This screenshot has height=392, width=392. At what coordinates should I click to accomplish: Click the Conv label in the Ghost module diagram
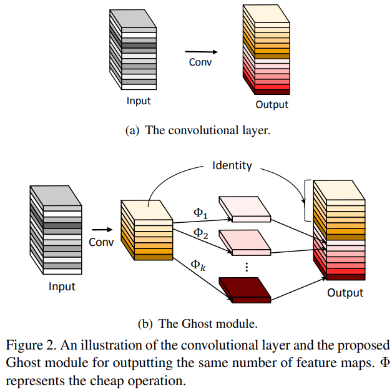[101, 242]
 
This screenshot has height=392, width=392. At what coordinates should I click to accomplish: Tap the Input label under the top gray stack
[139, 100]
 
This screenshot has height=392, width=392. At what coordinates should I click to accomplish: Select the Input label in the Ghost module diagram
[62, 287]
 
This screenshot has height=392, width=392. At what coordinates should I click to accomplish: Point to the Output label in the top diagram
[272, 104]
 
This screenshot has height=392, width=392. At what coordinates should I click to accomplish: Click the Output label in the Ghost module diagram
[345, 292]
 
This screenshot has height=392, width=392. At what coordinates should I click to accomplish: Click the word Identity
[232, 165]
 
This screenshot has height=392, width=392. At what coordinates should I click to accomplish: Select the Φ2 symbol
[200, 233]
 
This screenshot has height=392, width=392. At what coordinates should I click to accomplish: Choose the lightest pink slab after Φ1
[245, 209]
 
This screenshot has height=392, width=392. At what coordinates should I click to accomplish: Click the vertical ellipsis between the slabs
[247, 267]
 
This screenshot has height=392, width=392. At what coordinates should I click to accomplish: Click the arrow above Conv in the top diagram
[198, 52]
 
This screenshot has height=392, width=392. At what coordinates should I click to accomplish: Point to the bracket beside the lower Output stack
[306, 200]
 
